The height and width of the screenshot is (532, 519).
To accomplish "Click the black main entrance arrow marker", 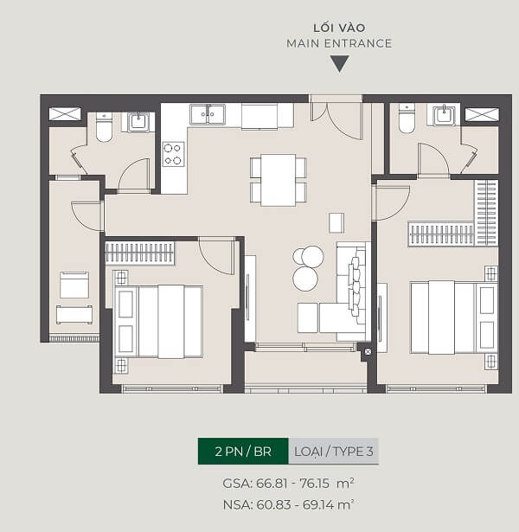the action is (340, 63).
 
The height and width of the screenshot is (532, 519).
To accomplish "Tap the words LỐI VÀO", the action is (339, 28).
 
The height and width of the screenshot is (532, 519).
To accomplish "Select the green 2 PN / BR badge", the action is (243, 452).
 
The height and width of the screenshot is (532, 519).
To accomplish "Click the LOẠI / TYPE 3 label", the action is (334, 452).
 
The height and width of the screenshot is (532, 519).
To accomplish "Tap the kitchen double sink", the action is (208, 114).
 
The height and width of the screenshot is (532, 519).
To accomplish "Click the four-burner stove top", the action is (173, 154).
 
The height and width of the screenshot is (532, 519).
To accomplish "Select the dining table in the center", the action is (279, 180).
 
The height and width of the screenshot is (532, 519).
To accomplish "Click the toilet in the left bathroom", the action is (104, 127).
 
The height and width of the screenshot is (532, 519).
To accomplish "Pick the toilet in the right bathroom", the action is (407, 119).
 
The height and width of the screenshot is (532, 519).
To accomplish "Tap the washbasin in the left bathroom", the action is (138, 122).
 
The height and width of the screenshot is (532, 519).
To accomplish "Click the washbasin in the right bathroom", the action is (444, 115).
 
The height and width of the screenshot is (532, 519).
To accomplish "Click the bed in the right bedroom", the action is (454, 317).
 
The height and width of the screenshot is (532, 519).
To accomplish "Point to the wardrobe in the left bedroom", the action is (140, 253).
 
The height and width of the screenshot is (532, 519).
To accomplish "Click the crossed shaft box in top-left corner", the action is (65, 114).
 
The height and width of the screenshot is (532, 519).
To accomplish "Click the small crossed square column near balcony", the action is (368, 351).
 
